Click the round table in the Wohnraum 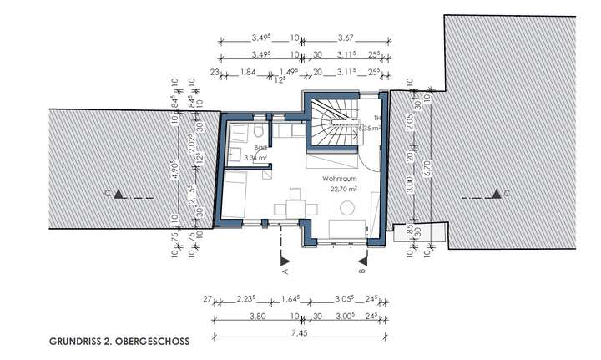click(343, 228)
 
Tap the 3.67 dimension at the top click(347, 38)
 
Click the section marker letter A click(285, 270)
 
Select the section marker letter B click(361, 270)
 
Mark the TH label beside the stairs click(376, 119)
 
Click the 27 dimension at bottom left click(207, 298)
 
